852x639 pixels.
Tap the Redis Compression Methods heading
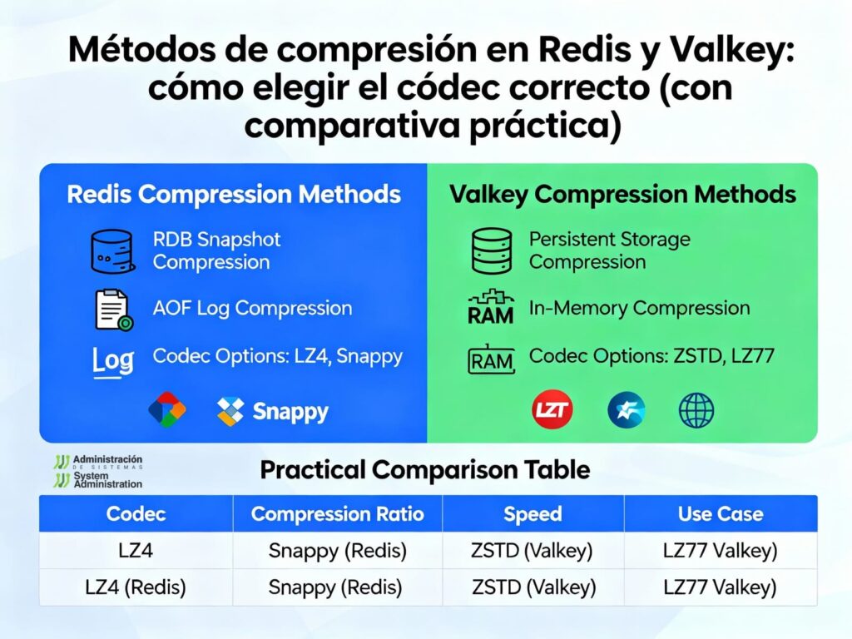coord(234,195)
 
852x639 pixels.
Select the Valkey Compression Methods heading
coord(622,195)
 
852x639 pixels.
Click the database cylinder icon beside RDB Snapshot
coord(112,251)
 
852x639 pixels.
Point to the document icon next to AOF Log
coord(113,310)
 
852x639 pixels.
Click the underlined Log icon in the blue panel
coord(113,361)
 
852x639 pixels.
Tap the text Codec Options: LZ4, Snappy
coord(278,356)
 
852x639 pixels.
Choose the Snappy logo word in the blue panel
coord(290,412)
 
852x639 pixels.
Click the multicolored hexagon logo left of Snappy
coord(167,409)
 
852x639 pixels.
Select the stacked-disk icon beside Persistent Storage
coord(491,251)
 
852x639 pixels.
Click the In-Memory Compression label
coord(640,308)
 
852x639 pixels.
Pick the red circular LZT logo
coord(552,409)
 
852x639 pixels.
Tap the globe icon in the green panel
coord(696,410)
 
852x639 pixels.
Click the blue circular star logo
coord(627,410)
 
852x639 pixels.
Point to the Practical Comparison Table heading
coord(425,470)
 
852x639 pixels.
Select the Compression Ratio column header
coord(338,514)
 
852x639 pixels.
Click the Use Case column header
coord(721,514)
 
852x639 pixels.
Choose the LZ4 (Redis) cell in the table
coord(136,587)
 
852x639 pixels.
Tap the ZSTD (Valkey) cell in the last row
coord(533,587)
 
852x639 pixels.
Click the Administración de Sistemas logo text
coord(107,462)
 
